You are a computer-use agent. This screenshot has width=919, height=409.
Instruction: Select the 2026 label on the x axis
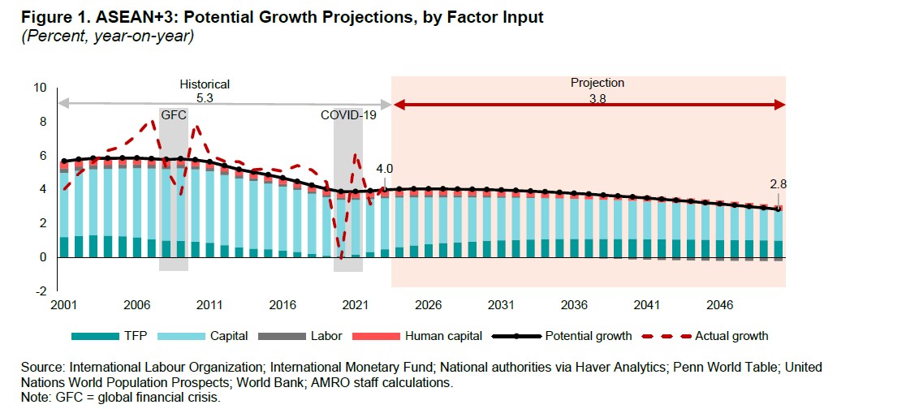428,305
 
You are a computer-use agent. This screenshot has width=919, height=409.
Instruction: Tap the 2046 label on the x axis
719,305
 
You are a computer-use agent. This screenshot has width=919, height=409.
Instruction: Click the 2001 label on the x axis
63,305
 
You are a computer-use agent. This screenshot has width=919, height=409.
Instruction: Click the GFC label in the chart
174,115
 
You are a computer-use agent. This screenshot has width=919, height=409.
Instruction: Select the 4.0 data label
384,169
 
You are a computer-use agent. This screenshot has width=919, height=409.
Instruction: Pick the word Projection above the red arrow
597,83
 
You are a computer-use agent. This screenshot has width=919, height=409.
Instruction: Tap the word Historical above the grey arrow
205,84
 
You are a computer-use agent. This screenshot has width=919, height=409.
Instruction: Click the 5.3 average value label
205,97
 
